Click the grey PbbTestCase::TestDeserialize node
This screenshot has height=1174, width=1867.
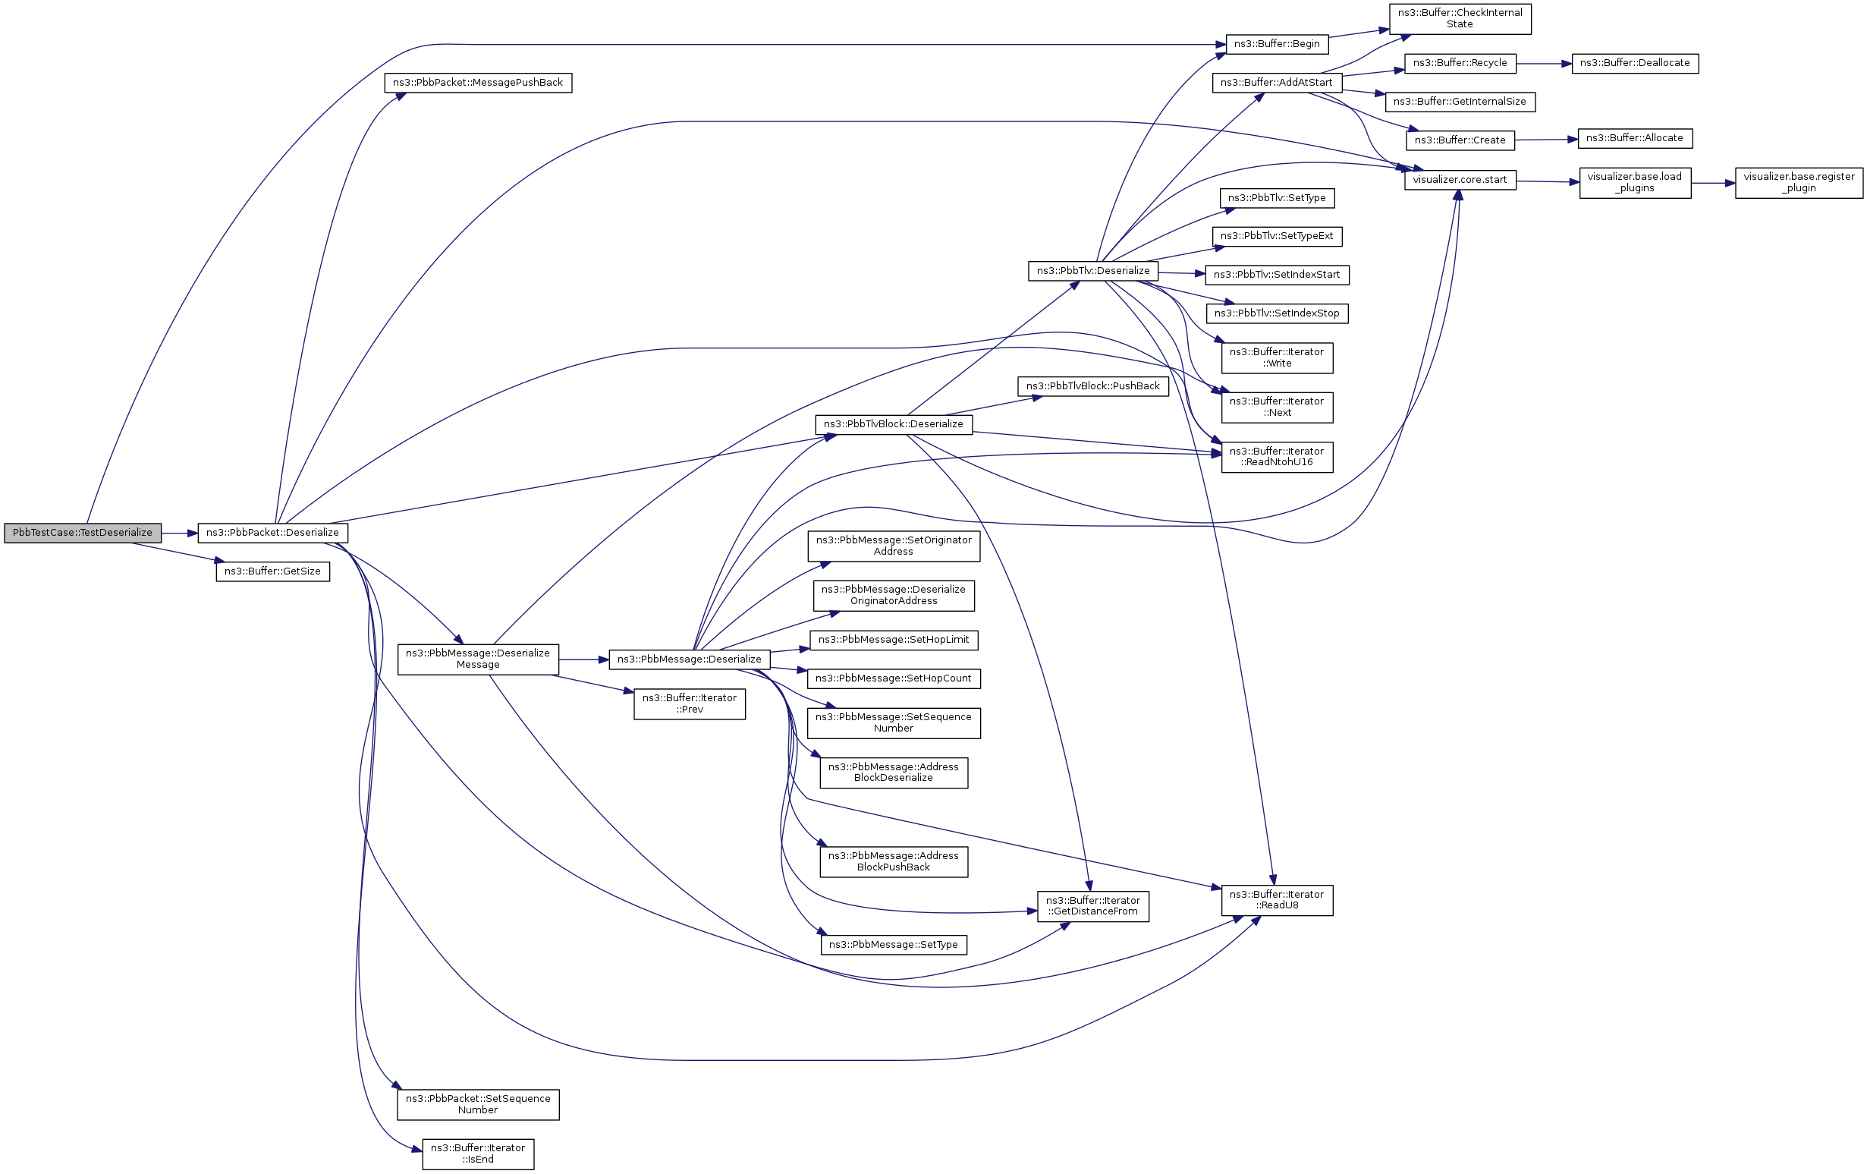pos(83,533)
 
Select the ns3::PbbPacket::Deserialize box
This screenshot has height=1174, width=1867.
pos(273,533)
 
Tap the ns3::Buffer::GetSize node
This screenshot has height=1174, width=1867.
pos(273,571)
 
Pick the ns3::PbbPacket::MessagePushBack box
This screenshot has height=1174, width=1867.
pos(478,83)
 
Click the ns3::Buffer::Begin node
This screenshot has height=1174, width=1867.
pos(1276,44)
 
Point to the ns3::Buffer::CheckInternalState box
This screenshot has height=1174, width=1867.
pos(1459,19)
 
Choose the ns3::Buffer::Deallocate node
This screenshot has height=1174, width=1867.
pos(1634,63)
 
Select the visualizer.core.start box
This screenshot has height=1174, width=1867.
pos(1459,180)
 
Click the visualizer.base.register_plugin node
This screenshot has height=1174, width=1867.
pos(1799,182)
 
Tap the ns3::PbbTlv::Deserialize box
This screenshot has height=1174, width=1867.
pos(1092,271)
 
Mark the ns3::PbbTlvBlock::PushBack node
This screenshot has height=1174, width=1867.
pos(1092,386)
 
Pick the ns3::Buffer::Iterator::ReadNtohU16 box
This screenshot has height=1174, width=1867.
pos(1276,457)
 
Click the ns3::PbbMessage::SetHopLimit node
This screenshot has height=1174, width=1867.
pos(893,640)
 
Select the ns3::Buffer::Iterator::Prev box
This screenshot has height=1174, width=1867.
pos(690,704)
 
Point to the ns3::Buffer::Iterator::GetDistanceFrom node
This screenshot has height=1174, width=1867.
pos(1092,905)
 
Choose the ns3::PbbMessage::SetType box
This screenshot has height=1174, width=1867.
pos(893,945)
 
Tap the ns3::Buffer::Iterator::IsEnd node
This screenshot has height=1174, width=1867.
pos(478,1154)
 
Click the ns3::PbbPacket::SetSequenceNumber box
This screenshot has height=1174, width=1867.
pos(478,1104)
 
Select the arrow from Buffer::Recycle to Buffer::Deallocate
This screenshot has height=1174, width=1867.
pos(1543,64)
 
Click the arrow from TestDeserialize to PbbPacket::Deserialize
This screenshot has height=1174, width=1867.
pos(179,533)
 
